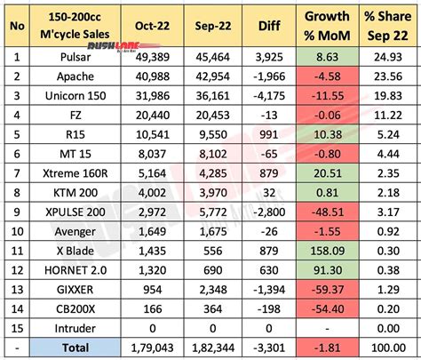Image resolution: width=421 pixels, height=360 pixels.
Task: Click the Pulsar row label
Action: pyautogui.click(x=75, y=57)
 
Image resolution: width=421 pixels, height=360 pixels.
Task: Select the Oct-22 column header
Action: pyautogui.click(x=152, y=26)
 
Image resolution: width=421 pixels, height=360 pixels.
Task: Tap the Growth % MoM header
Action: pyautogui.click(x=327, y=26)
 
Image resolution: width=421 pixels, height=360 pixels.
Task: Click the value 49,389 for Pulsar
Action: pyautogui.click(x=153, y=57)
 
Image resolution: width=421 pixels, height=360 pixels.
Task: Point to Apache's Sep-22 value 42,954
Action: pyautogui.click(x=212, y=76)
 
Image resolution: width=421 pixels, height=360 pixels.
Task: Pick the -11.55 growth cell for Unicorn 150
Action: pyautogui.click(x=328, y=96)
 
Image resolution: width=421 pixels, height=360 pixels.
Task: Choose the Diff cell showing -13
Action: pyautogui.click(x=269, y=115)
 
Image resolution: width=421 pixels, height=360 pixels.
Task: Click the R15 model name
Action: pyautogui.click(x=75, y=134)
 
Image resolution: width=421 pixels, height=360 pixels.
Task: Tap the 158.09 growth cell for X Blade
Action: pyautogui.click(x=328, y=251)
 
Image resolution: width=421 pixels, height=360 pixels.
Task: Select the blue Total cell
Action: pyautogui.click(x=75, y=348)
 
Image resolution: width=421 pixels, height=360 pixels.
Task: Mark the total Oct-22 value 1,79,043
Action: pyautogui.click(x=152, y=348)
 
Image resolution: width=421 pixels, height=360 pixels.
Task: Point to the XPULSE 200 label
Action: pyautogui.click(x=75, y=212)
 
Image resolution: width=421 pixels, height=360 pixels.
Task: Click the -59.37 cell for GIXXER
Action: pyautogui.click(x=328, y=290)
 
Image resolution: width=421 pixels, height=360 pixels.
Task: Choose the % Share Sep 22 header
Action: pyautogui.click(x=388, y=26)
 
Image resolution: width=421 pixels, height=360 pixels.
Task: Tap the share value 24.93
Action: pyautogui.click(x=388, y=57)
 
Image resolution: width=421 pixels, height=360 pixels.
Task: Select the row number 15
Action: pyautogui.click(x=17, y=328)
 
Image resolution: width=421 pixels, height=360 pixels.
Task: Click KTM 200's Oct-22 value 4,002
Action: pyautogui.click(x=153, y=193)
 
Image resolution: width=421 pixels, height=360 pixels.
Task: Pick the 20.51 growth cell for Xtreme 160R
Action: pyautogui.click(x=328, y=173)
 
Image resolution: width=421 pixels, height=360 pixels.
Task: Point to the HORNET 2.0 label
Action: pyautogui.click(x=75, y=270)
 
